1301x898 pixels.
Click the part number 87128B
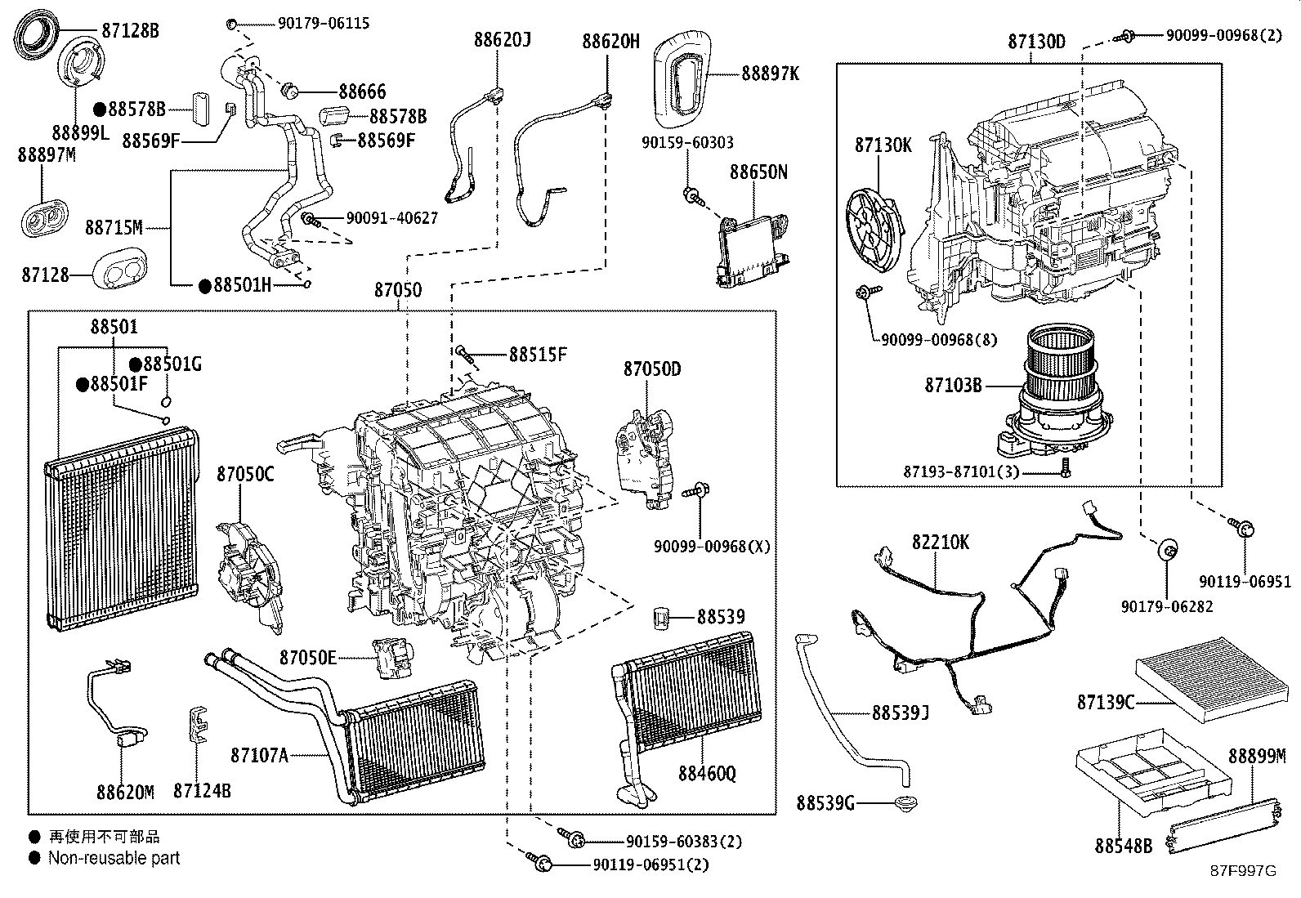pos(130,31)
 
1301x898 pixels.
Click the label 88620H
pos(610,41)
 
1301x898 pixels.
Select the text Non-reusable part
pos(114,858)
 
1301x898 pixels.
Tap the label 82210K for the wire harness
pos(941,542)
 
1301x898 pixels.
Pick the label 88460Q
pos(706,772)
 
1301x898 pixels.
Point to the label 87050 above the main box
pos(398,290)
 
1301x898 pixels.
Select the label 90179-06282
pos(1166,606)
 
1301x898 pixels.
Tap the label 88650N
pos(758,172)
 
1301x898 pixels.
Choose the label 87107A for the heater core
pos(259,755)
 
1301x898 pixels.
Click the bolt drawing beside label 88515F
pos(465,354)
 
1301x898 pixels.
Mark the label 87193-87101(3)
pos(960,472)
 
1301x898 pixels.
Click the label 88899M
pos(1256,756)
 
